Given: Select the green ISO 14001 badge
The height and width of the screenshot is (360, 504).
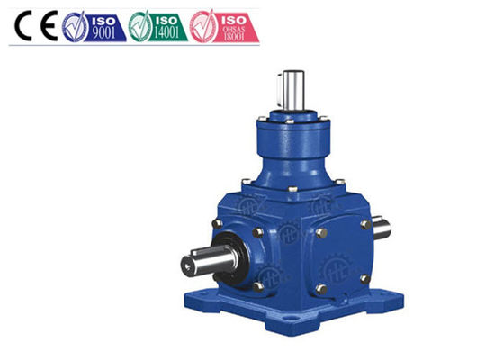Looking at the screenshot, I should (x=158, y=27).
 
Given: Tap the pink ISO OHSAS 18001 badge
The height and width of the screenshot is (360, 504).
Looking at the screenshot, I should (x=225, y=27).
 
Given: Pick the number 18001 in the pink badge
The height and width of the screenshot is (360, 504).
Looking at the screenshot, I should (x=236, y=38).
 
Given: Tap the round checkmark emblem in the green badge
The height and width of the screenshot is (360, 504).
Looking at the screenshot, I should (x=140, y=27).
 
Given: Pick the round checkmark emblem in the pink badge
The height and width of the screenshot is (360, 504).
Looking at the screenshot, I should (x=205, y=27).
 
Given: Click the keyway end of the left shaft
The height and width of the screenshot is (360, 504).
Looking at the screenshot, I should (x=188, y=264).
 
